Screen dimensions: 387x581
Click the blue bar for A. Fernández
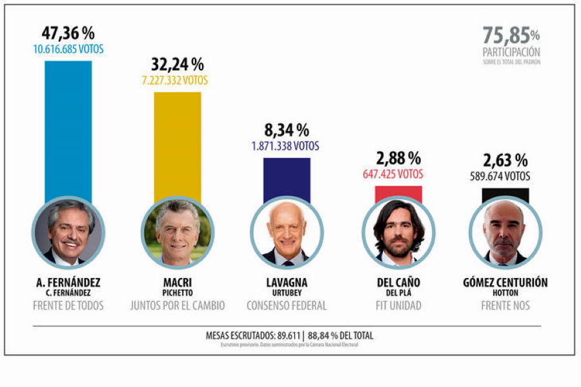point(68,129)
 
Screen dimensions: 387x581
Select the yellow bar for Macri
point(177,145)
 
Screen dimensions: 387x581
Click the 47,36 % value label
point(68,34)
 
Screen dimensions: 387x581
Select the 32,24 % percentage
point(177,64)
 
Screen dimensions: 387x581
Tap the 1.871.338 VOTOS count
point(285,146)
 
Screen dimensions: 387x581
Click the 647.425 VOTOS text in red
point(398,174)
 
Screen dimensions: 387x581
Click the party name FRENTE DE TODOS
point(68,306)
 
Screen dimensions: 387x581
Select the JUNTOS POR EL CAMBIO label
point(178,306)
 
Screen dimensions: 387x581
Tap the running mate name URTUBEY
point(287,293)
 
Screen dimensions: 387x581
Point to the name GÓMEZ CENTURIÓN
point(505,283)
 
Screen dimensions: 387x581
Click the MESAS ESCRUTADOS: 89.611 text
point(251,335)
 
